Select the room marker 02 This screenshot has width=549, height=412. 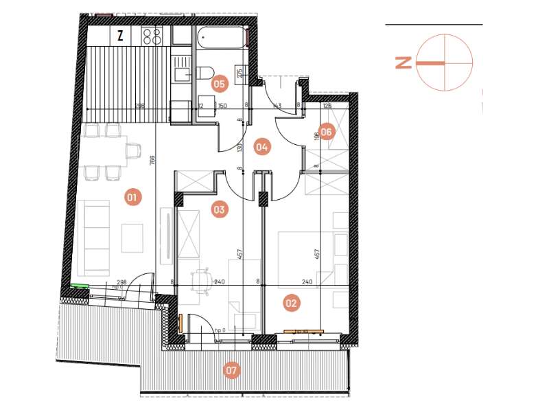(292, 302)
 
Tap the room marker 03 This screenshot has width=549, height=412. (219, 210)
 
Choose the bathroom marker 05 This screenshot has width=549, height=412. (220, 84)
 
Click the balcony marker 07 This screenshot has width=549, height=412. (232, 371)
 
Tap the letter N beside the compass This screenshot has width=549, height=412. (404, 63)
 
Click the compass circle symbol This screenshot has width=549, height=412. (445, 63)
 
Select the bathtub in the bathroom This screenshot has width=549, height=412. (220, 37)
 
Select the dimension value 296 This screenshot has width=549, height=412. (139, 106)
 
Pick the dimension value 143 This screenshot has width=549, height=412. (277, 106)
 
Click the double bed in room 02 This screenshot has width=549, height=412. (306, 253)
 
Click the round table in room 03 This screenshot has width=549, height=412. (202, 278)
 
